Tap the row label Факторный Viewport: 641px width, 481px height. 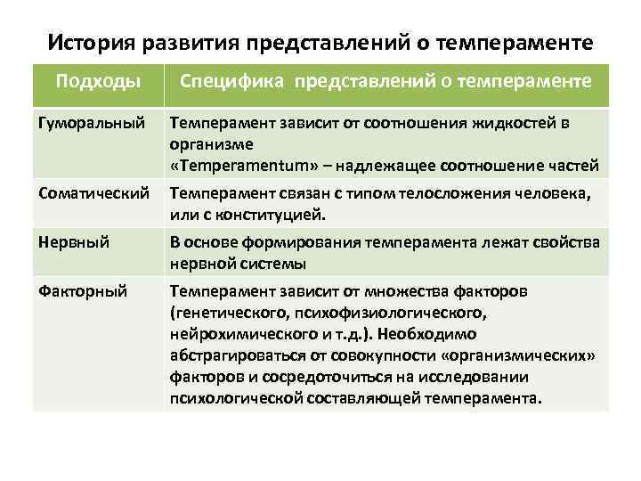tap(77, 291)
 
